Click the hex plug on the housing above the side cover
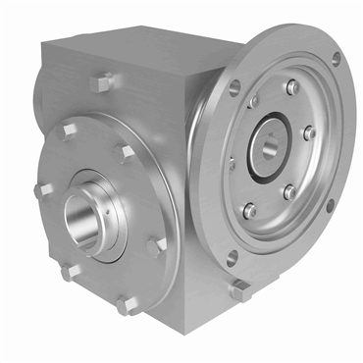coord(100,83)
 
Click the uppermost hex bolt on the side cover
coord(71,130)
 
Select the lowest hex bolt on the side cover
coord(127,305)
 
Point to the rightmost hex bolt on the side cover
coord(156,246)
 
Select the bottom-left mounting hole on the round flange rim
coord(232,260)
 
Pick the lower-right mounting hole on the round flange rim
coord(330,205)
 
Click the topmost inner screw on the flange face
coord(291,87)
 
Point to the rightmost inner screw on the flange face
coord(308,132)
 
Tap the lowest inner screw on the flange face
coord(250,210)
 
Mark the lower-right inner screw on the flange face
coord(289,192)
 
